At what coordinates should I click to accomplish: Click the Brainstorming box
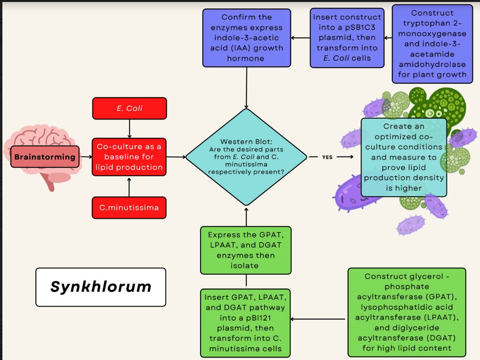point(45,157)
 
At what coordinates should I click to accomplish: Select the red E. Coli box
point(129,108)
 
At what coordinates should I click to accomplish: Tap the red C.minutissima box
point(129,207)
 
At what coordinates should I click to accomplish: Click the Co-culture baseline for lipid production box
point(129,157)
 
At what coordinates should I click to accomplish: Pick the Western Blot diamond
point(246,157)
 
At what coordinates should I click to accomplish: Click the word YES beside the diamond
point(327,157)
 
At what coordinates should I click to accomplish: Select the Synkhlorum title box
point(100,287)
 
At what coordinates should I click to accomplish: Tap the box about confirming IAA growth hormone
point(246,38)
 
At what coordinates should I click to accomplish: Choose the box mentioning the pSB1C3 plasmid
point(347,38)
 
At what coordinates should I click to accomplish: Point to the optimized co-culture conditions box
point(403,157)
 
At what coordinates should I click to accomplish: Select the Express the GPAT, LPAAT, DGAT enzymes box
point(246,250)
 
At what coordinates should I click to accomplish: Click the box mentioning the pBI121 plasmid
point(246,323)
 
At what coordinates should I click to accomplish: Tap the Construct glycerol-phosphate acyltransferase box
point(407,312)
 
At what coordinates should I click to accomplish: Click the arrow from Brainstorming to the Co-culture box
point(86,157)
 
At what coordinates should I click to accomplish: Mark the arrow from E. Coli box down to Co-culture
point(129,128)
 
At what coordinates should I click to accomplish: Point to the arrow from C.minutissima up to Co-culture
point(129,187)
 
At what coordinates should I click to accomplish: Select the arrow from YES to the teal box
point(345,157)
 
